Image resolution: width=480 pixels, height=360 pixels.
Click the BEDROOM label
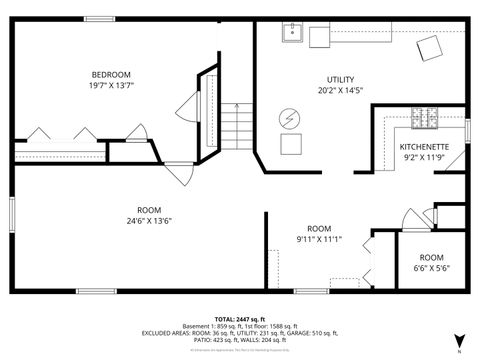pyautogui.click(x=112, y=75)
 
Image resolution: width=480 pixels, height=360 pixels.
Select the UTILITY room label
pyautogui.click(x=340, y=79)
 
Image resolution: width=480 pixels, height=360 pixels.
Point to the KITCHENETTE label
pyautogui.click(x=424, y=146)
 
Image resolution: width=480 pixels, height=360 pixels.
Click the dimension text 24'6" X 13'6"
pyautogui.click(x=149, y=221)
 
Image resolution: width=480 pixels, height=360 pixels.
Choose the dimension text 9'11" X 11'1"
pyautogui.click(x=319, y=240)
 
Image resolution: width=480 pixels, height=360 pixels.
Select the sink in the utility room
pyautogui.click(x=293, y=36)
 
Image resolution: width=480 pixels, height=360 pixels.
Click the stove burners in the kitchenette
pyautogui.click(x=424, y=119)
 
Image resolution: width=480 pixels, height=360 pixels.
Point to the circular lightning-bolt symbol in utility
pyautogui.click(x=290, y=117)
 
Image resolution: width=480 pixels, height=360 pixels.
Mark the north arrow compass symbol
pyautogui.click(x=458, y=340)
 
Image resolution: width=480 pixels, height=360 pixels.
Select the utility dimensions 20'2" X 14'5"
pyautogui.click(x=340, y=91)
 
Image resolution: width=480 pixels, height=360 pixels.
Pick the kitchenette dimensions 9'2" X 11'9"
pyautogui.click(x=424, y=158)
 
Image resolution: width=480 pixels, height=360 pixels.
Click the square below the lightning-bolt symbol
pyautogui.click(x=291, y=145)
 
